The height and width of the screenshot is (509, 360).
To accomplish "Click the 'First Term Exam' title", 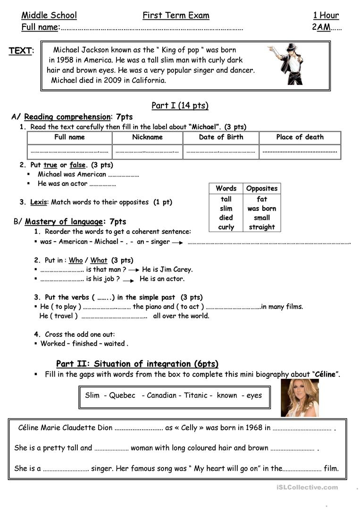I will point(176,15).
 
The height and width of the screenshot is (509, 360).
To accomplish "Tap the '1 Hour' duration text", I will point(326,15).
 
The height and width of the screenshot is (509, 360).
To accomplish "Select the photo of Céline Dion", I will point(300,398).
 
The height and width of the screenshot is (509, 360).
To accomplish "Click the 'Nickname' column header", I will point(147,137).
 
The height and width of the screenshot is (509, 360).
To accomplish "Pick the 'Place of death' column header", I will point(300,137).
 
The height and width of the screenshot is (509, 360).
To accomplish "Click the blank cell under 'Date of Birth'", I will point(220,152).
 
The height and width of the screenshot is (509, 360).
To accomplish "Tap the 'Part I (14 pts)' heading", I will point(180,106).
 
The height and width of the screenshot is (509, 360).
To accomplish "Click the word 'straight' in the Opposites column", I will point(262,227).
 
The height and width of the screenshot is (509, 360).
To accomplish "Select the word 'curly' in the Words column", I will point(226,227).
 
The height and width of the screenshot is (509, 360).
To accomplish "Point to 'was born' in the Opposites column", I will point(262,209).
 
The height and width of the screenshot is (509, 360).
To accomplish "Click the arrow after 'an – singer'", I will point(177,242).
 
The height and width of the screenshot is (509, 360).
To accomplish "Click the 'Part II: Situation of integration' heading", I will point(137,364).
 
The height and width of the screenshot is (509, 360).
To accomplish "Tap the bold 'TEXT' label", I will point(20,51).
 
